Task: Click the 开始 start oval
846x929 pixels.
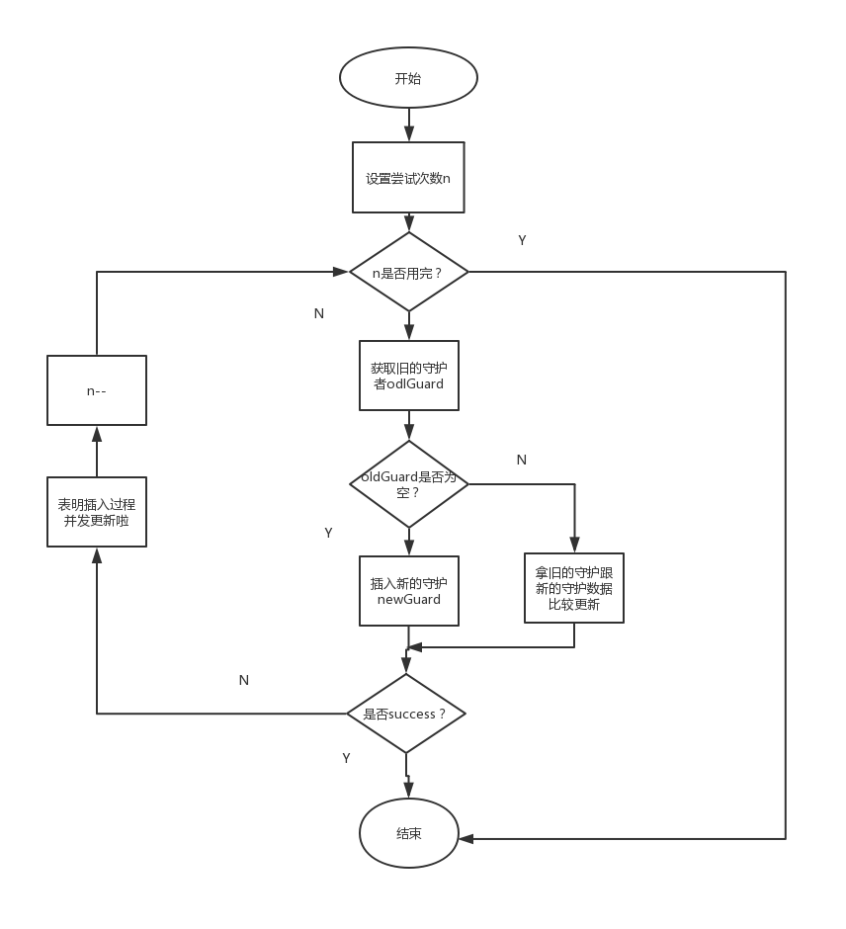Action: (x=408, y=78)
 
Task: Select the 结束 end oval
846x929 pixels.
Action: (x=409, y=833)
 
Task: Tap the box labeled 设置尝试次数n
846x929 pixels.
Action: (x=408, y=177)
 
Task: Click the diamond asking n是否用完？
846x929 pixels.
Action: (x=409, y=272)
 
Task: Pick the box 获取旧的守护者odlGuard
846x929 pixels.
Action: (x=409, y=376)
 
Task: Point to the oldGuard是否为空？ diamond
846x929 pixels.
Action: (x=409, y=484)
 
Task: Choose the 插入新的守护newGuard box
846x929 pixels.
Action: (x=409, y=591)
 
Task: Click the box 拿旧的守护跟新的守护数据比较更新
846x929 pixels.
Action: (x=574, y=588)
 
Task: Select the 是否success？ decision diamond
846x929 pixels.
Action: (x=406, y=714)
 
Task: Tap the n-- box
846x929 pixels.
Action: (x=97, y=390)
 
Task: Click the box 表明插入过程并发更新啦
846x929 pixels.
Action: (x=97, y=512)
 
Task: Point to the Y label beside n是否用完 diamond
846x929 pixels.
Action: (x=522, y=240)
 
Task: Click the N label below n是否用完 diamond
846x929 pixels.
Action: (x=318, y=313)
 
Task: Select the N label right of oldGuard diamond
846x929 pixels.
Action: (x=522, y=460)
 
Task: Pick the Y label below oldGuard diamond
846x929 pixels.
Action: (x=329, y=533)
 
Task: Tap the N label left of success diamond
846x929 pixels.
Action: (x=243, y=680)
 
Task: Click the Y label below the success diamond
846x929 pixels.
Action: (x=347, y=758)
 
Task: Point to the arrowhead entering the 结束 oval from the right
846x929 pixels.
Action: (x=465, y=839)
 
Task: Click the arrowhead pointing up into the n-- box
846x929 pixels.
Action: (x=97, y=434)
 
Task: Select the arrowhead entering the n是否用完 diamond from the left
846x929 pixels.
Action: (x=341, y=272)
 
